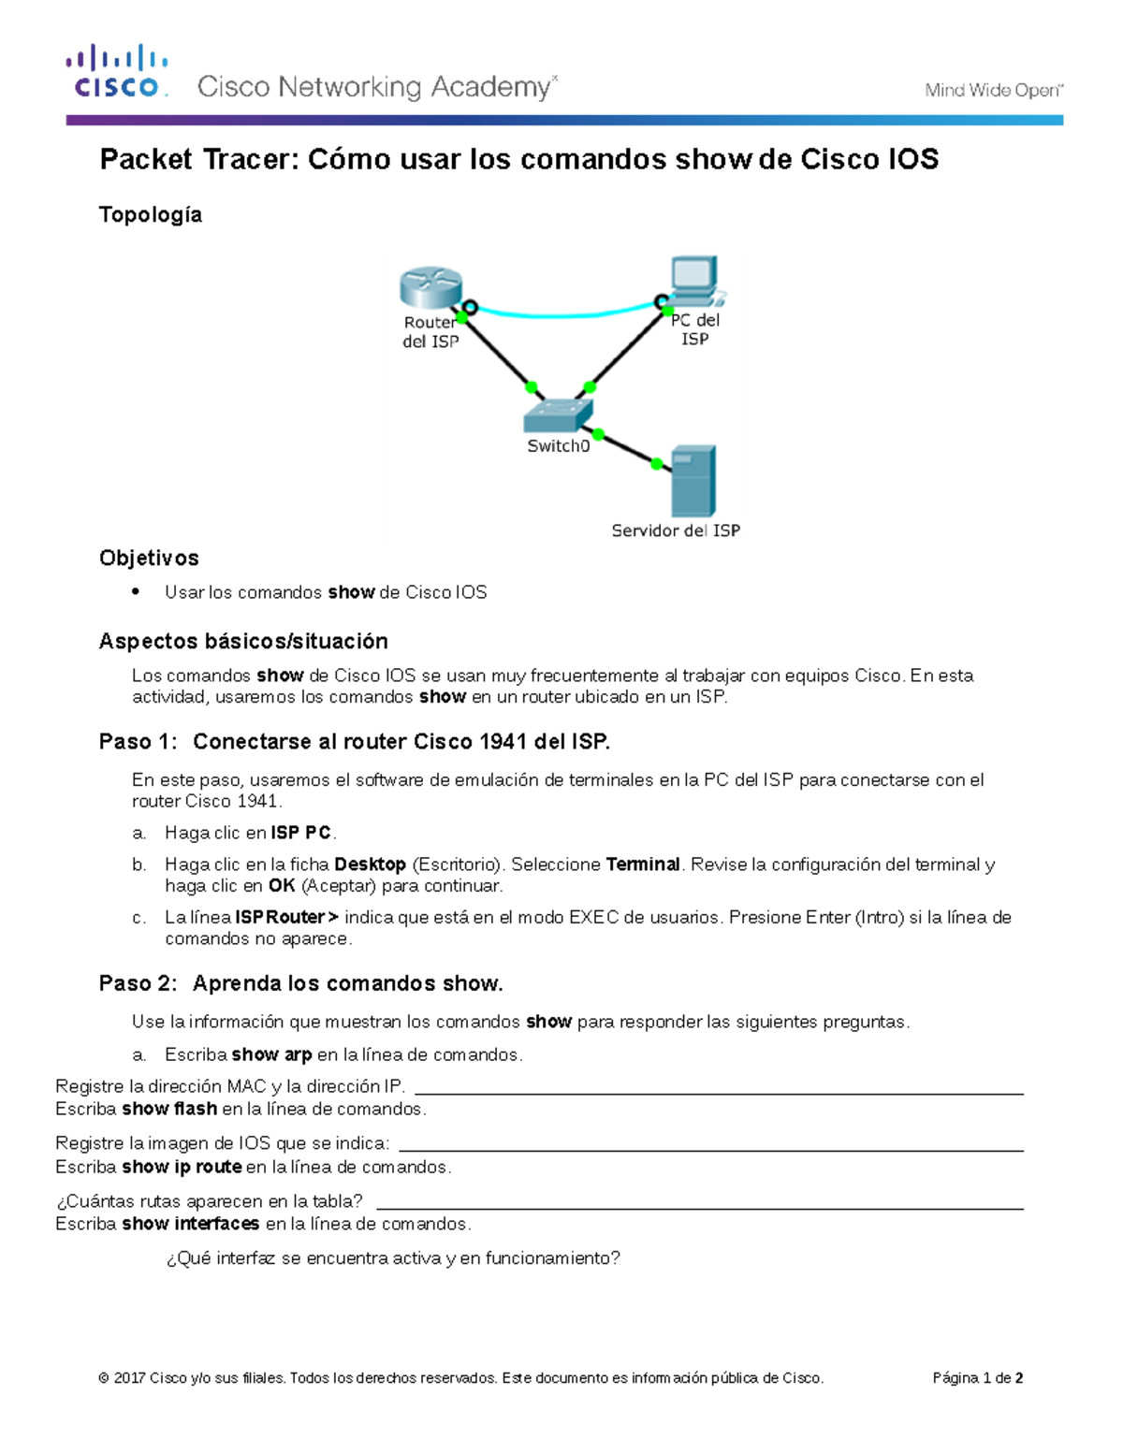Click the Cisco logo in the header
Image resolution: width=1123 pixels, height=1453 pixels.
(117, 71)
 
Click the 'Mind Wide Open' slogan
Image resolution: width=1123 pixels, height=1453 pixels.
(993, 90)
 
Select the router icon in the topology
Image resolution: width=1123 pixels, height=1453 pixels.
(430, 287)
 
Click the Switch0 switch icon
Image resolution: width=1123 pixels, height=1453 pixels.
(559, 414)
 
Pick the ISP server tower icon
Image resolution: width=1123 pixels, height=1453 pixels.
(693, 481)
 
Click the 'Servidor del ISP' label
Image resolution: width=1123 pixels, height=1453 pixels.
(676, 530)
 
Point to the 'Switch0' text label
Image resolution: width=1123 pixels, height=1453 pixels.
(559, 446)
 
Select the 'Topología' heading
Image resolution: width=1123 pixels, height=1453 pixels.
(151, 214)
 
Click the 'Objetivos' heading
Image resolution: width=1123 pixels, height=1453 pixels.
(149, 558)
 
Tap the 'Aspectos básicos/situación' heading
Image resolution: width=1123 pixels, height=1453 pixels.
(243, 641)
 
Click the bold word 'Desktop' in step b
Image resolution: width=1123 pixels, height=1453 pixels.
(370, 865)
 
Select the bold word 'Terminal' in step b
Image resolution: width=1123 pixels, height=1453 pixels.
(643, 865)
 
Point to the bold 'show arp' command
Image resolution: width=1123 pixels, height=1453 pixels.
(271, 1054)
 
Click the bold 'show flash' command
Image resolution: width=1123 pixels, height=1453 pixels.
(169, 1109)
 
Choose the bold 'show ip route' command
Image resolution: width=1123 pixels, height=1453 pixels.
(182, 1167)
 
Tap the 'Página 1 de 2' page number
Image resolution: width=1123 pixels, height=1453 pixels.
(977, 1377)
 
